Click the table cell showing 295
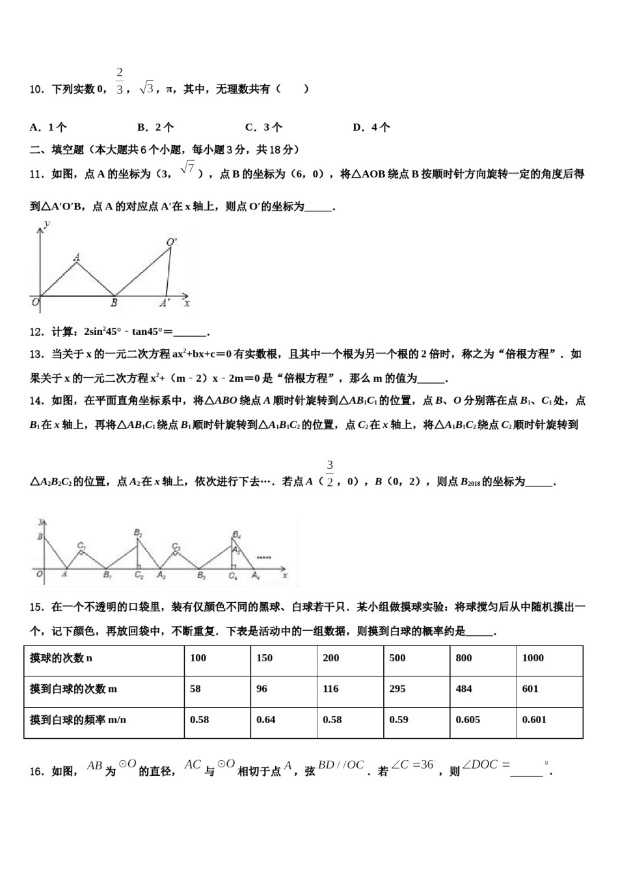(x=397, y=689)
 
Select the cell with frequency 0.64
(x=265, y=720)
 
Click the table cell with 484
(x=464, y=689)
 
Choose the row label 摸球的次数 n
(x=61, y=658)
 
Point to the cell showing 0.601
(x=534, y=720)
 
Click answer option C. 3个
(x=263, y=127)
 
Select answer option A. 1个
(x=48, y=127)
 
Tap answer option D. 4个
(x=371, y=127)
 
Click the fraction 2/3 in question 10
(x=120, y=82)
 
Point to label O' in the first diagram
(x=172, y=242)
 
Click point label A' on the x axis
(x=165, y=302)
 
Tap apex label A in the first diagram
(x=77, y=258)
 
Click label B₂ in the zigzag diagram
(x=138, y=534)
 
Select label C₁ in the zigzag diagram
(x=81, y=545)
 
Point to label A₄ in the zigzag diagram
(x=256, y=576)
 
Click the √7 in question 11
(x=188, y=168)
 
